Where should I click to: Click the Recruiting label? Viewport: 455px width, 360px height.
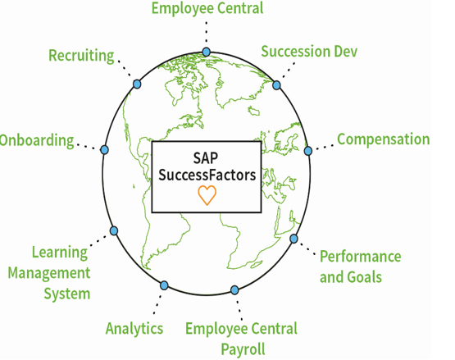[81, 56]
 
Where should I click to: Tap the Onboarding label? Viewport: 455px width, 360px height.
[37, 141]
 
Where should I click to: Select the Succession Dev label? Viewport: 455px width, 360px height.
[309, 52]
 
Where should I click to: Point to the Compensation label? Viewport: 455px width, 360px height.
[384, 139]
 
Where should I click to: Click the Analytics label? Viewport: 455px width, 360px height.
[134, 329]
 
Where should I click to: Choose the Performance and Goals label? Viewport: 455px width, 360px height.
[361, 267]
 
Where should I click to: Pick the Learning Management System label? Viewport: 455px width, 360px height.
[49, 273]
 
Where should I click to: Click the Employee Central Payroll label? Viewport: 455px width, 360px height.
[241, 339]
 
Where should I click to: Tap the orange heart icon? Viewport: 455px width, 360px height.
[207, 195]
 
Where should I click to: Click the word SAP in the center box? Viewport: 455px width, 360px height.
[206, 158]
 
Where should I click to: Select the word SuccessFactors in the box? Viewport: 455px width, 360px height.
[207, 175]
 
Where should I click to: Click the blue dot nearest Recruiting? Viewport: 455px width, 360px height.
[137, 84]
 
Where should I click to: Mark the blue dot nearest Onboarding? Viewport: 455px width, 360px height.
[104, 150]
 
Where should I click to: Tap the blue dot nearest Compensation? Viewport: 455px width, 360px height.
[308, 151]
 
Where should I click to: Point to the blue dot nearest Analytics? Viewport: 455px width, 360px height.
[164, 285]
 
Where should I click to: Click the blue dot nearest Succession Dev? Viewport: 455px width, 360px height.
[276, 85]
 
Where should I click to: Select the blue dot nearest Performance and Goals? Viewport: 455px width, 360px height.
[293, 239]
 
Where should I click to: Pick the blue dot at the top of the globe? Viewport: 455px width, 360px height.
[207, 52]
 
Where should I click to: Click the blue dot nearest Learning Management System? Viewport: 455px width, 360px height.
[114, 230]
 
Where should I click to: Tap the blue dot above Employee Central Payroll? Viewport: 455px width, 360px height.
[234, 289]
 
